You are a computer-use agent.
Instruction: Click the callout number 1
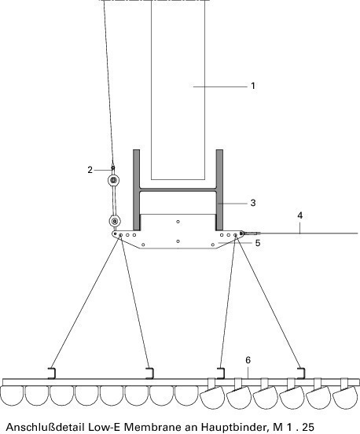(253, 86)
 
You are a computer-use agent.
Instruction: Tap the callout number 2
(90, 170)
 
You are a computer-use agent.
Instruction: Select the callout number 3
(253, 203)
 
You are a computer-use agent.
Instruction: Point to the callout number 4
(300, 215)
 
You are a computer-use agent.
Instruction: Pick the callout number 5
(258, 243)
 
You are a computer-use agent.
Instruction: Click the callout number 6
(248, 360)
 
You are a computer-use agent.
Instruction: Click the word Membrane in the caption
(160, 427)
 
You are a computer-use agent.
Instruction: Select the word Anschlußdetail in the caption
(45, 427)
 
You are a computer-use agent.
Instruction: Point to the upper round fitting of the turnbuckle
(113, 181)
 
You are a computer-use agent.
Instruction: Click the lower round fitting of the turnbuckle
(115, 221)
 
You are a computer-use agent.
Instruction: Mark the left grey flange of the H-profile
(137, 190)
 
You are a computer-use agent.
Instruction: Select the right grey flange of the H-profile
(219, 190)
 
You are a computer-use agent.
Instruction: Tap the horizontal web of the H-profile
(178, 190)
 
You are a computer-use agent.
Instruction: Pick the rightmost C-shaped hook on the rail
(303, 373)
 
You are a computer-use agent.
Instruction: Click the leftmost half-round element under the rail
(12, 396)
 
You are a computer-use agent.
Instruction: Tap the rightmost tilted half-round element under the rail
(345, 396)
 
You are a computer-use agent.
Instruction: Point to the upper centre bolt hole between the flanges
(178, 222)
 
